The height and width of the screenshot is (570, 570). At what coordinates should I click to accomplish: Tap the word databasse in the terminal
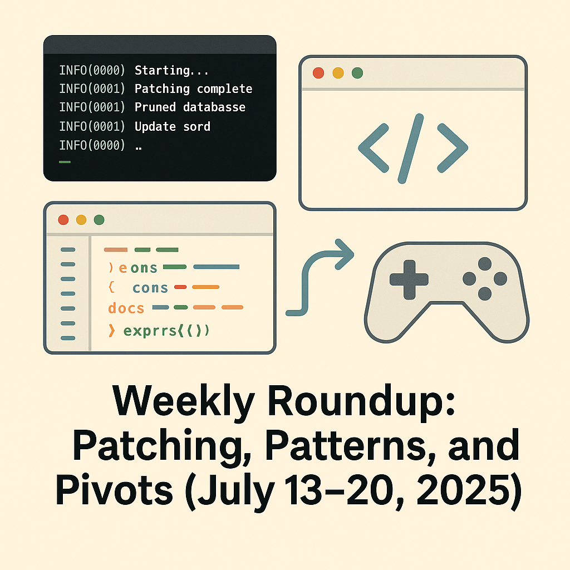214,107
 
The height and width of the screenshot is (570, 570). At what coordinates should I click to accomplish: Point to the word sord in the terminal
196,126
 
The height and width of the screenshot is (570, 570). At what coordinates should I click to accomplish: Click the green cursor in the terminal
65,162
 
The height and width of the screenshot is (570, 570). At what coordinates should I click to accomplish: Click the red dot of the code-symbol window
318,73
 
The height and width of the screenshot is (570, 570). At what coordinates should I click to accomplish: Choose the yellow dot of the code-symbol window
338,73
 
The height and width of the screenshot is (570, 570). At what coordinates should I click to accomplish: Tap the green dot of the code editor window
99,220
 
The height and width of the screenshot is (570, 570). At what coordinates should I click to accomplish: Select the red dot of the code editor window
63,220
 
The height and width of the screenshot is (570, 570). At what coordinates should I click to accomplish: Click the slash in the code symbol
411,148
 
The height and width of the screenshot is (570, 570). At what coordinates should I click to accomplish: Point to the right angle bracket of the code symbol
453,148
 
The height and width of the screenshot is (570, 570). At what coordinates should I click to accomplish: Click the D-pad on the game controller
409,279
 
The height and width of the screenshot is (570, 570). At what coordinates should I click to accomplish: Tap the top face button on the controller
485,264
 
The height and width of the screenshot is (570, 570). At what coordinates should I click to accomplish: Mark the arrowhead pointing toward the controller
343,254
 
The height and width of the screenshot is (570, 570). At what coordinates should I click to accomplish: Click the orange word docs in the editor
126,308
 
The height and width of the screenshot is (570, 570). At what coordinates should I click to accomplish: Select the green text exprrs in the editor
150,331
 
